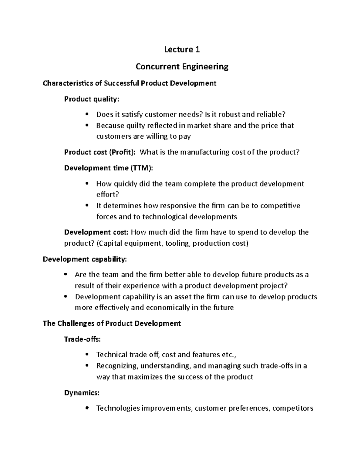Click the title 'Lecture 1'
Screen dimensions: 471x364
pos(182,49)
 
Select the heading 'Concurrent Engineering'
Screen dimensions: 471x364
pos(182,66)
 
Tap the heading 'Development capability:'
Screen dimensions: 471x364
pos(85,259)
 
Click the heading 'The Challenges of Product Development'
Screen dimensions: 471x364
pos(112,323)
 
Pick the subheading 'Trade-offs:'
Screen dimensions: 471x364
pos(82,339)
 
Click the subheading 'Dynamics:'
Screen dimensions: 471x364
pos(82,393)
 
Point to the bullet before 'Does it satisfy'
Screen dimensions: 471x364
pos(87,115)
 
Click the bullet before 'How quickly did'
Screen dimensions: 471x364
pos(87,184)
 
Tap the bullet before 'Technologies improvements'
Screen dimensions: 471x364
pos(87,408)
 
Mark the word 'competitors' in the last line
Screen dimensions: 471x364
pos(293,408)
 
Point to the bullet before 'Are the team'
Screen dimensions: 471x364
pos(66,275)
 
